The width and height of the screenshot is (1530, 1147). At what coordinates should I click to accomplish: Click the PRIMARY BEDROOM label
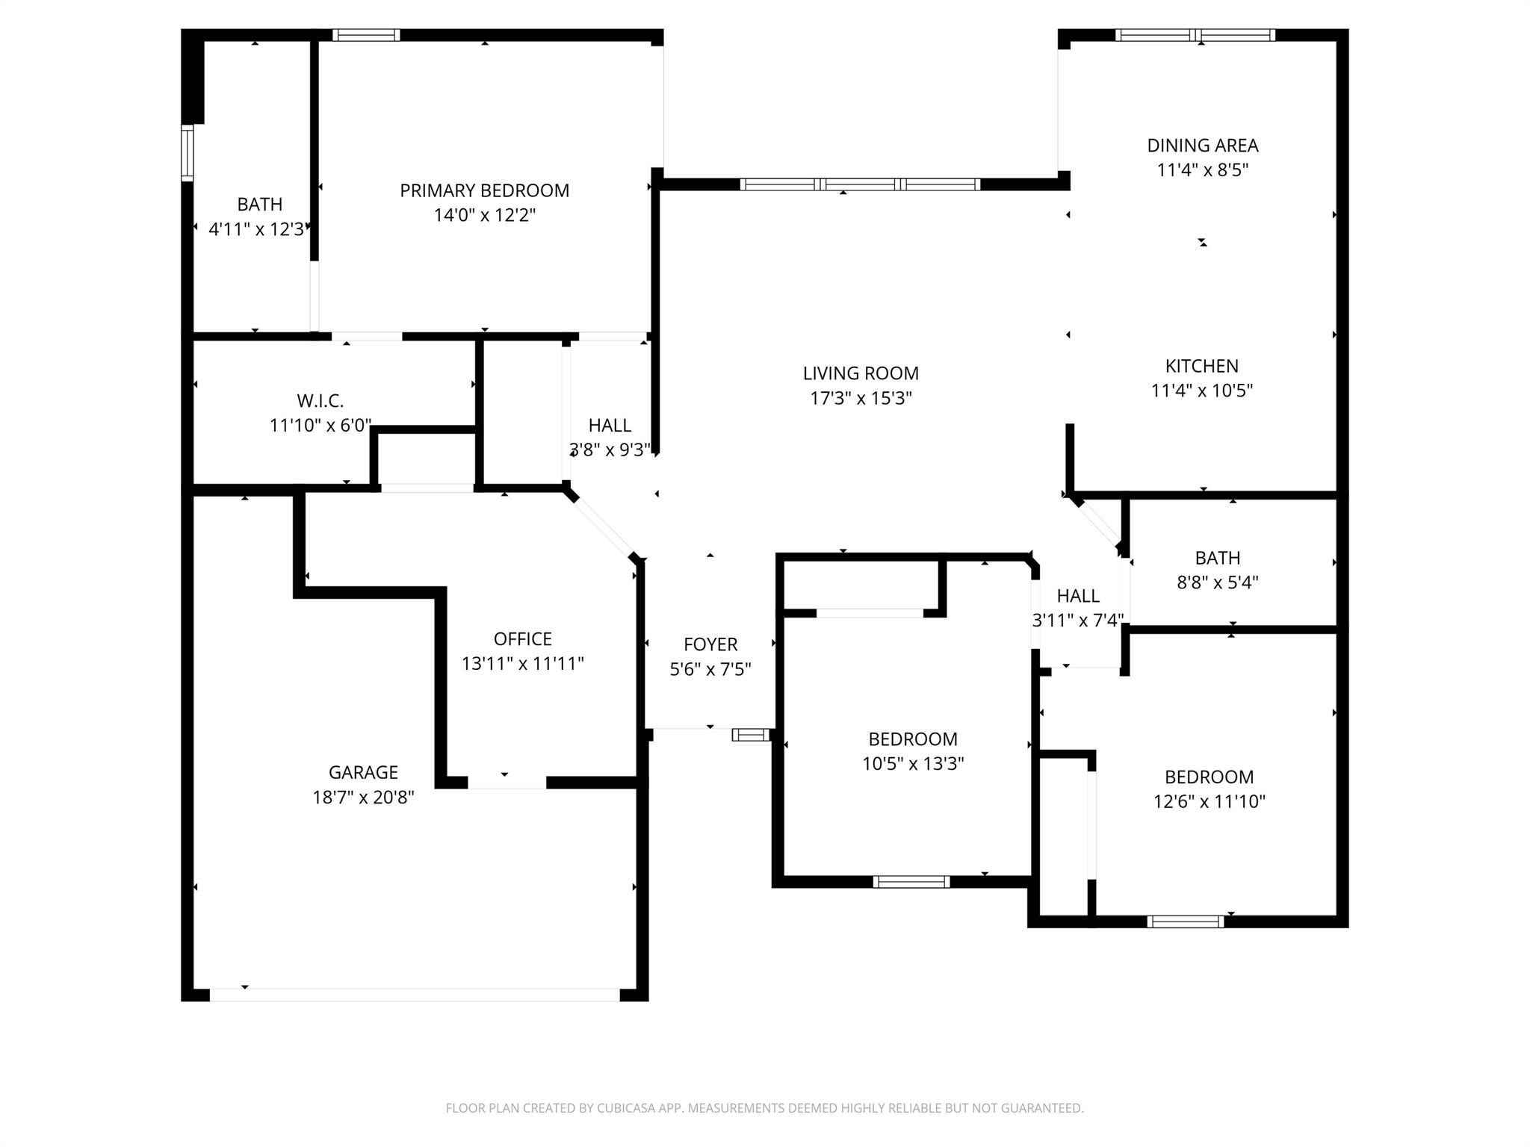[484, 190]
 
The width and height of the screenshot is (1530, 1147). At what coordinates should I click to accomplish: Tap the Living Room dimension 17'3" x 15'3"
[861, 398]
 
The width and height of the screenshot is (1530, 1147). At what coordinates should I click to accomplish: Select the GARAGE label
[363, 772]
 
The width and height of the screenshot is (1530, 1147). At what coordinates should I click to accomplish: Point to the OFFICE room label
[522, 638]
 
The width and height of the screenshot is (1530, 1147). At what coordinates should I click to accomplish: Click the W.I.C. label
[320, 401]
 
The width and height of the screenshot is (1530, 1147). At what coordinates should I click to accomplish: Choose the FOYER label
[710, 644]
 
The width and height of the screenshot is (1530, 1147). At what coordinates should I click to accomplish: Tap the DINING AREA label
[1202, 146]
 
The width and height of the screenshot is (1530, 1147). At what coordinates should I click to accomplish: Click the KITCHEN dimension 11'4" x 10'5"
[1201, 391]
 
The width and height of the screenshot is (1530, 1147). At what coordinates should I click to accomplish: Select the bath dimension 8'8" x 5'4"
[1217, 582]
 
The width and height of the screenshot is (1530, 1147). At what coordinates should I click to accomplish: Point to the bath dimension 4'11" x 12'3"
[258, 229]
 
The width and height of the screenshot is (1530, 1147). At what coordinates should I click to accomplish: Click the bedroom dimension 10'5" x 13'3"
[913, 764]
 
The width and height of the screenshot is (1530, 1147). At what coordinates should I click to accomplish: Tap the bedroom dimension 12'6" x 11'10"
[1209, 801]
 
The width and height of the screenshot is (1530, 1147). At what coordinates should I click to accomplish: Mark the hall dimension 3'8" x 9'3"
[610, 450]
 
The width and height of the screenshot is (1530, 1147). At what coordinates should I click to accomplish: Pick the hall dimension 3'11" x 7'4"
[1077, 620]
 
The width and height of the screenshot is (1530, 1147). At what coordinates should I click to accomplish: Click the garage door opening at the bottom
[415, 995]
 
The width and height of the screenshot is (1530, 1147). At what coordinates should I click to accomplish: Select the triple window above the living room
[860, 184]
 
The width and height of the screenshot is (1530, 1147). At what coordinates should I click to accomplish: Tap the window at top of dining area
[1195, 35]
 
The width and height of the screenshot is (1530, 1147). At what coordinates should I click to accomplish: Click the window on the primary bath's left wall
[188, 153]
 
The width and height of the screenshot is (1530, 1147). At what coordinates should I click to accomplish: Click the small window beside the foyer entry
[750, 735]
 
